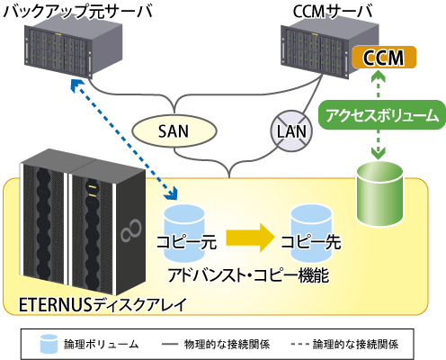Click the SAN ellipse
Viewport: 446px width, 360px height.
tap(174, 131)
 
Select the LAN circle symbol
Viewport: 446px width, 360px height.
tap(291, 131)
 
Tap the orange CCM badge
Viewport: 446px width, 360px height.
tap(384, 58)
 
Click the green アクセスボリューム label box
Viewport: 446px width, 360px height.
tap(382, 115)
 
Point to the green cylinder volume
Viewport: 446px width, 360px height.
tap(379, 193)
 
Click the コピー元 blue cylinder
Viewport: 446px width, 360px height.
tap(183, 233)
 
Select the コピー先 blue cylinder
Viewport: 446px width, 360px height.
tap(312, 233)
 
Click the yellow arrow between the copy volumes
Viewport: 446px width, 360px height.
tap(250, 238)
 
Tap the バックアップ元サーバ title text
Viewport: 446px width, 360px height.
tap(78, 12)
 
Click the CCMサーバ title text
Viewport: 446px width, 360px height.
tap(333, 12)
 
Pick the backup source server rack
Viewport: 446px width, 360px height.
tap(74, 50)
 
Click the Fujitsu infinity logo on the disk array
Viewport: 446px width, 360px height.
tap(131, 230)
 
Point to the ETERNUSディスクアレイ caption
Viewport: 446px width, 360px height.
tap(103, 305)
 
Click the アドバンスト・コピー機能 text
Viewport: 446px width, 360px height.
tap(248, 275)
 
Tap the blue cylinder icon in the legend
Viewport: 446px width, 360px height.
tap(49, 344)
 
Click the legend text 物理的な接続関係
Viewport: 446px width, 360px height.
tap(227, 344)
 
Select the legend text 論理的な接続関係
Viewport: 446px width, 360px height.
tap(355, 344)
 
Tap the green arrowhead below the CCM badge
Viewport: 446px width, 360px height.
tap(379, 76)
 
